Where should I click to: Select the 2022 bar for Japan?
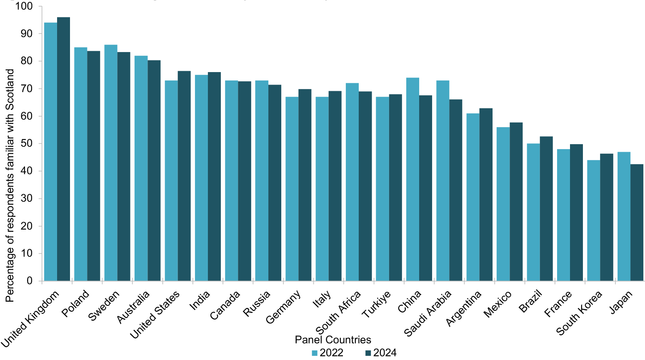pos(624,217)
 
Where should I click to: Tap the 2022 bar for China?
pos(412,179)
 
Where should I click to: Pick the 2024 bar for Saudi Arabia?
pos(456,190)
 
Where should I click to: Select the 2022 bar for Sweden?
pos(111,162)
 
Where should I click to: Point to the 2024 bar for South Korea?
pos(607,217)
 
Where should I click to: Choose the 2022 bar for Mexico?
pos(503,204)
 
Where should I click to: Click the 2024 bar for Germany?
pos(305,185)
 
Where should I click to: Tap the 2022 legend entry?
pos(327,353)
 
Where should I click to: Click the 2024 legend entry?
pos(380,353)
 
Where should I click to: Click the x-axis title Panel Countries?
pos(332,340)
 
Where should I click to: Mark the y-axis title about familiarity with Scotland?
pos(10,185)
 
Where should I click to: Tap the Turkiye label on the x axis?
pos(376,305)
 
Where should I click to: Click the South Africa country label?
pos(338,312)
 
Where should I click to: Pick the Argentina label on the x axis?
pos(464,308)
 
